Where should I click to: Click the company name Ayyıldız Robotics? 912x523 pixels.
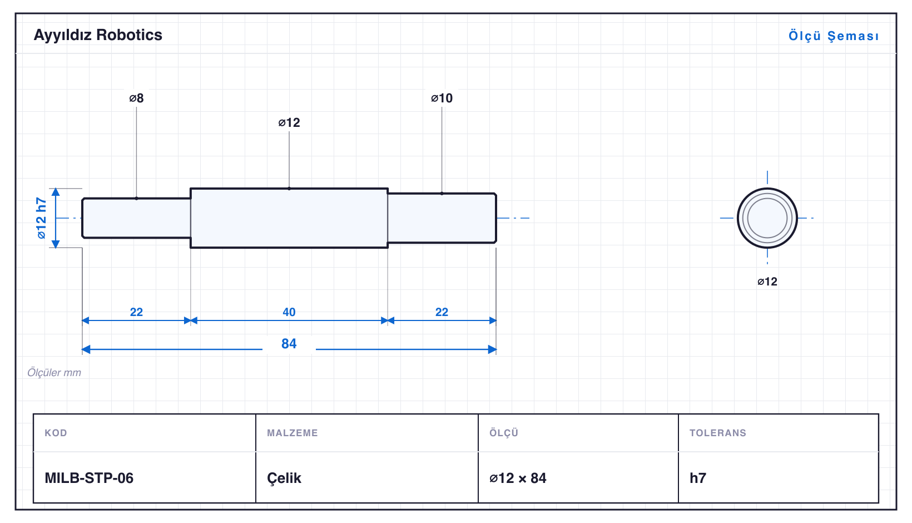tap(98, 35)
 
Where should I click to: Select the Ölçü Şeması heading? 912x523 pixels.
tap(834, 36)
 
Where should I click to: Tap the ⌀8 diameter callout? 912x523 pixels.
tap(136, 98)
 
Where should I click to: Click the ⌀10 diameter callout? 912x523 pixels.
tap(442, 98)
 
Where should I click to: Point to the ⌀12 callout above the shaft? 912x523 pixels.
tap(289, 122)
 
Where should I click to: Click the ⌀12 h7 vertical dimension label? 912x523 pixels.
tap(41, 218)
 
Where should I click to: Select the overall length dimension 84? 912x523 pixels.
tap(289, 344)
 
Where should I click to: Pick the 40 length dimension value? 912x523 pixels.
tap(289, 312)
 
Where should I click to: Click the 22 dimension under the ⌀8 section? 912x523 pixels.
tap(136, 312)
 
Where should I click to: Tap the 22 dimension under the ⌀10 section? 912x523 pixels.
tap(442, 312)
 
